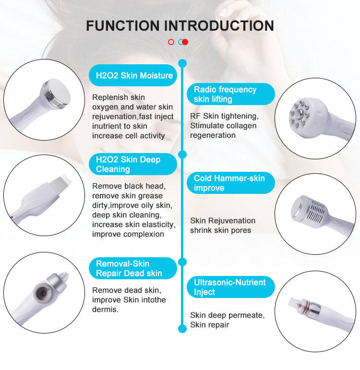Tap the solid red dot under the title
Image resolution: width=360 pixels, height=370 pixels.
(x=185, y=42)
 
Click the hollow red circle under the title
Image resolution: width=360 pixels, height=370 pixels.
(x=171, y=42)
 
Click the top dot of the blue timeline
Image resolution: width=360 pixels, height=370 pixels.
(x=182, y=63)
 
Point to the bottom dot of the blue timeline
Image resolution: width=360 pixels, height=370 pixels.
(x=182, y=329)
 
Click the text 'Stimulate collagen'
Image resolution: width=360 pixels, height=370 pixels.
(x=223, y=126)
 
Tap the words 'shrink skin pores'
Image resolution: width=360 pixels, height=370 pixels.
(x=220, y=230)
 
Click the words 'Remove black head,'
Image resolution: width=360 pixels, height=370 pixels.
(x=129, y=186)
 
